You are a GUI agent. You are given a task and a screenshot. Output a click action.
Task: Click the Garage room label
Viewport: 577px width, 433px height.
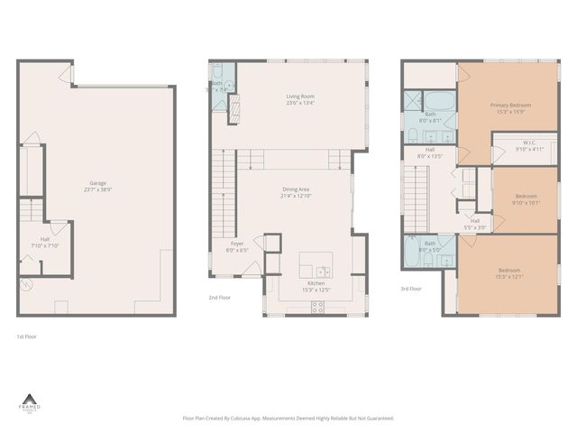(97, 182)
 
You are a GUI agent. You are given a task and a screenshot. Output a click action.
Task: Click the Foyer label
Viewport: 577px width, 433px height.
(237, 243)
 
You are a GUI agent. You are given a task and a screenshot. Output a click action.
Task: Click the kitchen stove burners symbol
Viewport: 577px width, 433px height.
(317, 306)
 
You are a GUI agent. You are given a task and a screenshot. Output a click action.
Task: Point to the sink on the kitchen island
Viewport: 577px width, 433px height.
(322, 270)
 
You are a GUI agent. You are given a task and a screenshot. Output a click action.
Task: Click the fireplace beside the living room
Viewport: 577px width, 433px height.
(237, 108)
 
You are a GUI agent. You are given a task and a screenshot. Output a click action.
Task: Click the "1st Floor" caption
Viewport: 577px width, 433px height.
(26, 336)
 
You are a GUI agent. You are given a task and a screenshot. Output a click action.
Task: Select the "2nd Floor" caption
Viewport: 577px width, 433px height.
(219, 297)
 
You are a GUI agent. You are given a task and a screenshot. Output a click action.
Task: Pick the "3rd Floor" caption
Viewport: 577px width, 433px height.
(411, 289)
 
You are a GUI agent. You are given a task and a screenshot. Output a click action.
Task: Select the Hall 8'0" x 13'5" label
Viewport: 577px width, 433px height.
(430, 152)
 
